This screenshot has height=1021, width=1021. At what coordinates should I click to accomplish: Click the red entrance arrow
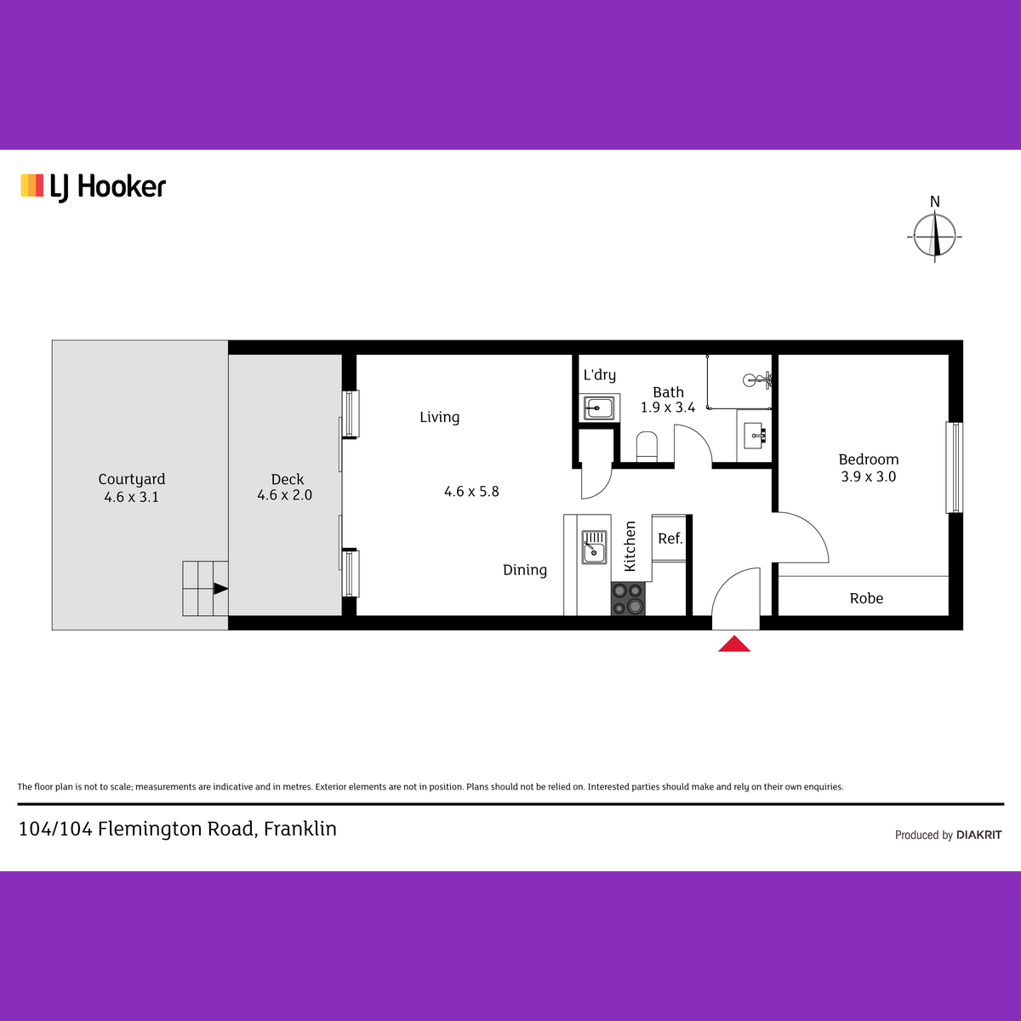(733, 644)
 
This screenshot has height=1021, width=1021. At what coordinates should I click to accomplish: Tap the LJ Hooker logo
(94, 187)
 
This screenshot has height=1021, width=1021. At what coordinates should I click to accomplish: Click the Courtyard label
(131, 479)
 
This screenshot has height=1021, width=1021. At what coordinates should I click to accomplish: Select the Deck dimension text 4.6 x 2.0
(284, 495)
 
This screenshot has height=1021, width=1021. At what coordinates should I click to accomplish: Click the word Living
(439, 417)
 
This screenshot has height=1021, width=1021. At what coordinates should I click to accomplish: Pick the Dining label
(525, 570)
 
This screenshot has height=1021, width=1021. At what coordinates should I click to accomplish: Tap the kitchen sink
(595, 547)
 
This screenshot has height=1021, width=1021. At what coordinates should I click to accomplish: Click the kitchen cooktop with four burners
(628, 598)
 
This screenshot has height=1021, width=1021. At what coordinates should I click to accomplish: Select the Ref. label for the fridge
(670, 539)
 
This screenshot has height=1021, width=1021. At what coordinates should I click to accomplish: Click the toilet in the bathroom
(647, 446)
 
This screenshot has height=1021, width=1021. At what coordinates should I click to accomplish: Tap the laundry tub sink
(599, 408)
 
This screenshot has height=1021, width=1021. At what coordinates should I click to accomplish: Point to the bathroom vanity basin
(754, 436)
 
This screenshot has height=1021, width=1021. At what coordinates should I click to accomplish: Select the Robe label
(866, 598)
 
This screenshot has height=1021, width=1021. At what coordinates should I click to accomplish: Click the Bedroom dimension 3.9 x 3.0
(869, 476)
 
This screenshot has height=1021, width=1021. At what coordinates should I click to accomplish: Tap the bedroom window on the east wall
(955, 467)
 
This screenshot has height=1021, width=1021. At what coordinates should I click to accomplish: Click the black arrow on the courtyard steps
(221, 588)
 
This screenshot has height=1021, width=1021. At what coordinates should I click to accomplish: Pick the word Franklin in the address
(299, 829)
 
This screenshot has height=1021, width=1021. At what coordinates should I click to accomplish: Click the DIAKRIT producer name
(978, 835)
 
